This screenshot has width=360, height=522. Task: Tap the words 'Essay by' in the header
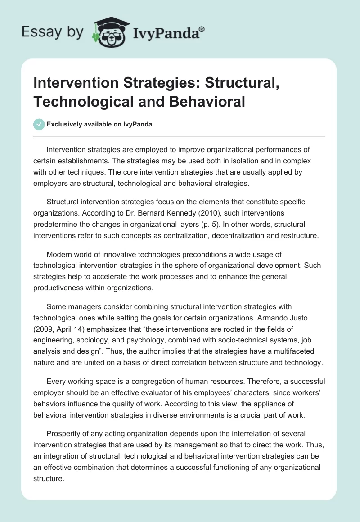(53, 32)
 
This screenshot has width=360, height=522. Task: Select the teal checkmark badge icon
(40, 124)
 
